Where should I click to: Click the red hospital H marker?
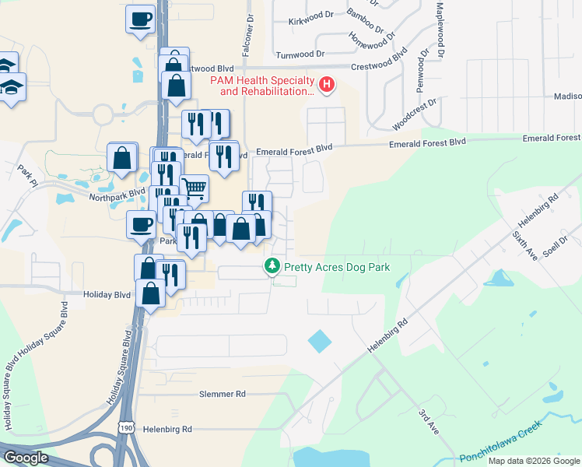(328, 84)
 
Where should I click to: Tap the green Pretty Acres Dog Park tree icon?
(272, 267)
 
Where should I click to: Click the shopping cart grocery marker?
(195, 188)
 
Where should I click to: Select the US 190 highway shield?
(128, 427)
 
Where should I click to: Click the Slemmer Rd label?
(222, 395)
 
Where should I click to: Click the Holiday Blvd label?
(107, 295)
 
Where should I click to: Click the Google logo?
(26, 458)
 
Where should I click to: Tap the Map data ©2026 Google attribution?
(533, 461)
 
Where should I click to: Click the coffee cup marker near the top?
(142, 19)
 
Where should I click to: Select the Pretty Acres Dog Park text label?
(335, 267)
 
